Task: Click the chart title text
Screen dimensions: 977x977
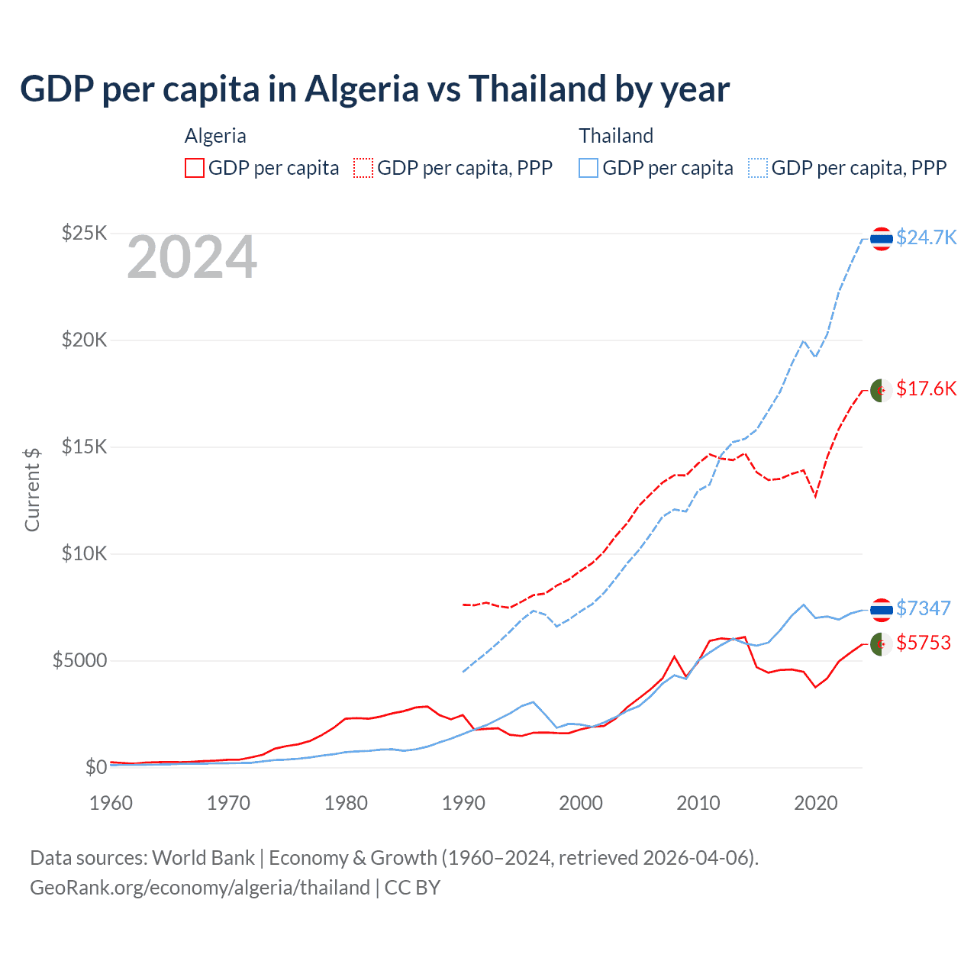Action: pos(374,89)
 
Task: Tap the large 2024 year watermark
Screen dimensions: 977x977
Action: pos(192,258)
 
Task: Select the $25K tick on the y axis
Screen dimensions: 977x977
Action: pos(84,233)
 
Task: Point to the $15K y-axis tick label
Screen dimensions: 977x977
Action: pos(84,447)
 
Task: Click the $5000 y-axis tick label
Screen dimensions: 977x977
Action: pos(79,660)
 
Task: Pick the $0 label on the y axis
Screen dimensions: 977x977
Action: pos(95,767)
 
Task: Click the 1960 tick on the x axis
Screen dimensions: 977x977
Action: pos(111,803)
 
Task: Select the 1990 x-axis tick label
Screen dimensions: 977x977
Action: pos(464,803)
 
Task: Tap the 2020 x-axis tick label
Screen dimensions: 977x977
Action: pos(816,803)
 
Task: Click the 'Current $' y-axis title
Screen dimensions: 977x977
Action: pos(32,490)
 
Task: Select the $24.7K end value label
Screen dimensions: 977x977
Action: pos(926,237)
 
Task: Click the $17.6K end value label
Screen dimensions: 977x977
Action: pos(926,389)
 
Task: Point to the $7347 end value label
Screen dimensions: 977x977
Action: pos(924,608)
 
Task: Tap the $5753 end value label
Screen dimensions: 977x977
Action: pos(924,643)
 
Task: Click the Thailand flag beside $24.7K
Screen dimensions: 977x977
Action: pos(882,239)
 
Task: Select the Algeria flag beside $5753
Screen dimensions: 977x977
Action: pos(882,644)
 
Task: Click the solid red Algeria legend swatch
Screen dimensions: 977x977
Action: pos(195,168)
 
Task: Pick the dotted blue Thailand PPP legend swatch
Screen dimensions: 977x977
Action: pos(758,168)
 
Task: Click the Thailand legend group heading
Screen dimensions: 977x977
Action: pos(616,136)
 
